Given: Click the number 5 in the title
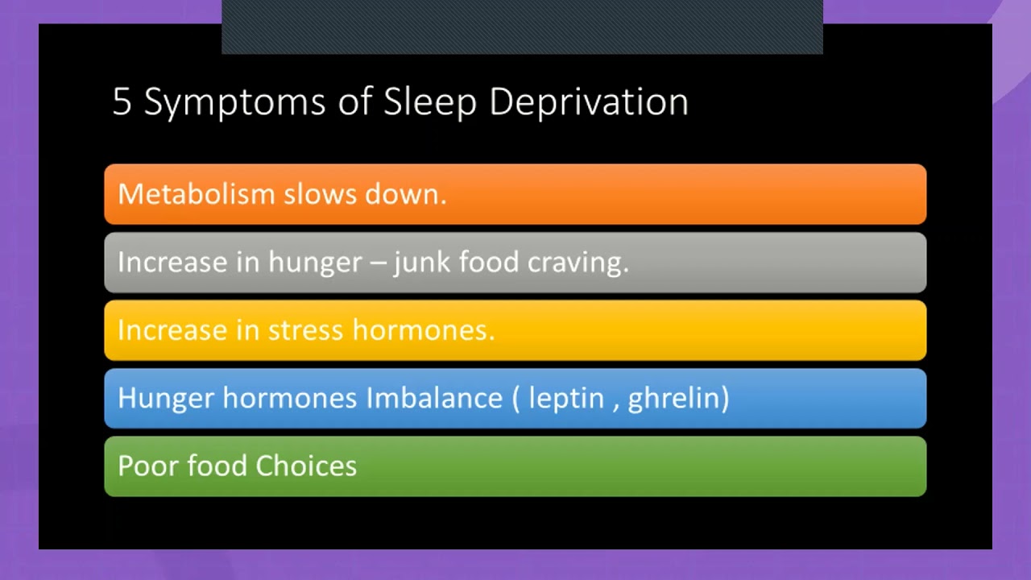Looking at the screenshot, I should (121, 102).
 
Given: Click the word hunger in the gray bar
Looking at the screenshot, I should (315, 263).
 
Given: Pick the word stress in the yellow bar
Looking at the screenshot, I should (305, 330).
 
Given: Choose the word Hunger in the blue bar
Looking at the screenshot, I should (166, 399).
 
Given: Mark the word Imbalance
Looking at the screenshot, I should (434, 398).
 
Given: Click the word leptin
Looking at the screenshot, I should (566, 399).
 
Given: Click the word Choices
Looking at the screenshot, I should (306, 466).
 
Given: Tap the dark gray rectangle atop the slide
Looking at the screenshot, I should (522, 27).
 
